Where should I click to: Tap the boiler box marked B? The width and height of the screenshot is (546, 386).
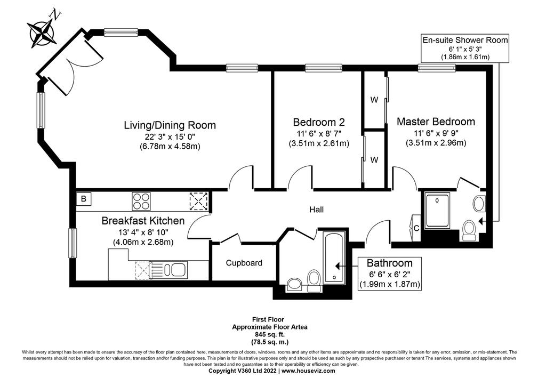pos(84,199)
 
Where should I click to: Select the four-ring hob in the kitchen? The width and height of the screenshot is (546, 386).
pos(141,201)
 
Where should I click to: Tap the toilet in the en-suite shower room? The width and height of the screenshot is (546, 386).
pos(470,230)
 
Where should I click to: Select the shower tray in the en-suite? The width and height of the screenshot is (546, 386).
pos(437,210)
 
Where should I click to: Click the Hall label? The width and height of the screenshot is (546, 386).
pos(316,210)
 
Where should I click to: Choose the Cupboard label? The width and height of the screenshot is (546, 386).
pos(244,263)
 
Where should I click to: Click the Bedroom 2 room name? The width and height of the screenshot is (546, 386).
pos(319,122)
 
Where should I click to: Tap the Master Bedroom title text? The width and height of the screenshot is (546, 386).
pos(436,122)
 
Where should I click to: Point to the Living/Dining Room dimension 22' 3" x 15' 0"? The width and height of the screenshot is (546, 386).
pos(170,136)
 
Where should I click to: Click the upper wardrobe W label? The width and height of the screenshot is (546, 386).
pos(374,100)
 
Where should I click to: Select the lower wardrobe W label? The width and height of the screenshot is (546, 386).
pos(374,160)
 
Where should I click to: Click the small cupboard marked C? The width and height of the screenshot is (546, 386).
pos(416,228)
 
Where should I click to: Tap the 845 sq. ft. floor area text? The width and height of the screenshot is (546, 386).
pos(269,335)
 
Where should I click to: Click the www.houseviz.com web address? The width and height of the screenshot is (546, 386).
pos(308,371)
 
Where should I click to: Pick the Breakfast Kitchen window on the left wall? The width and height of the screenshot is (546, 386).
pos(73,243)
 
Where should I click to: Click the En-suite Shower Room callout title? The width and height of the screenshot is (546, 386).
pos(465,40)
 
